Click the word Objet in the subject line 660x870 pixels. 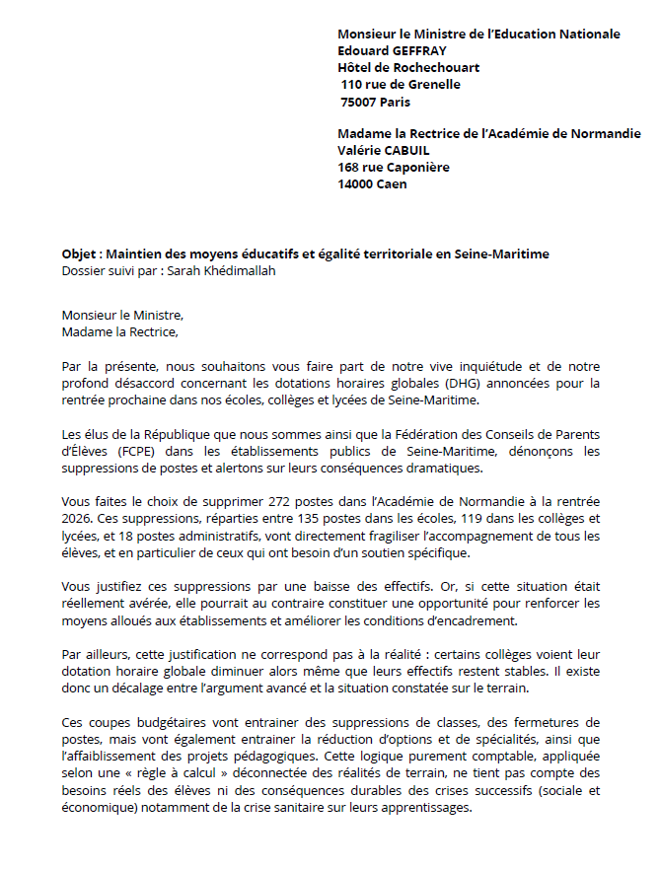[x=79, y=254]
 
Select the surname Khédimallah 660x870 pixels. [x=236, y=270]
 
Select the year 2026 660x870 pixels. [x=78, y=519]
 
